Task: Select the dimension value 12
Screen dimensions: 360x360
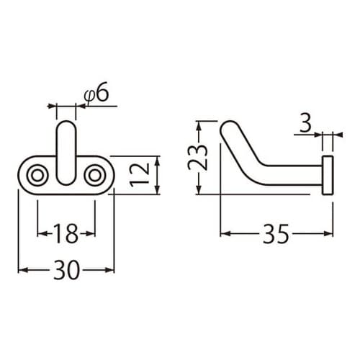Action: [141, 174]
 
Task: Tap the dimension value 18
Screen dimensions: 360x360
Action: [66, 233]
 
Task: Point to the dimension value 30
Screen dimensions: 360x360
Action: [66, 270]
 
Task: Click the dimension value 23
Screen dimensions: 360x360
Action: [202, 157]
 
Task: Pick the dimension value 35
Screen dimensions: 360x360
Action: [276, 233]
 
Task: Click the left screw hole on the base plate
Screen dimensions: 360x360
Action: [37, 174]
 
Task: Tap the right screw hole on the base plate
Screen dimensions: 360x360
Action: [94, 174]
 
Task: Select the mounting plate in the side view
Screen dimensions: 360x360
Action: [328, 174]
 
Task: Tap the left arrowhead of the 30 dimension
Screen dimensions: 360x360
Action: [20, 270]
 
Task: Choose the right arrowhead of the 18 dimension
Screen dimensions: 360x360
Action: [91, 233]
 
